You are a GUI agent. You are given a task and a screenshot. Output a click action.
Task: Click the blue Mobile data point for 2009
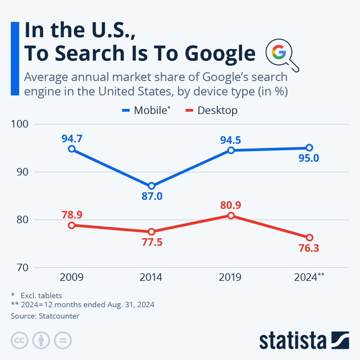(x=72, y=149)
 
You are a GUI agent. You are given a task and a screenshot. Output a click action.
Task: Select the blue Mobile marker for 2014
(x=151, y=186)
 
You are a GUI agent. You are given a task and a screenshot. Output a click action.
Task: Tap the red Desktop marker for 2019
(x=231, y=216)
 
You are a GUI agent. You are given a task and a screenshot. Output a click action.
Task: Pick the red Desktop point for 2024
(x=309, y=237)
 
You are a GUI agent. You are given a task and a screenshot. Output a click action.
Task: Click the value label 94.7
(x=72, y=139)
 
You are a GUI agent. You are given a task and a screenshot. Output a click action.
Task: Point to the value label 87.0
(x=152, y=196)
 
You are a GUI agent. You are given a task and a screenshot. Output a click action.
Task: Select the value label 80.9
(x=231, y=205)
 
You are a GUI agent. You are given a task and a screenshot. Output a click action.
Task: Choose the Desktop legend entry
(x=211, y=110)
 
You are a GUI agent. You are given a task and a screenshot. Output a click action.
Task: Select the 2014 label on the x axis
(x=151, y=278)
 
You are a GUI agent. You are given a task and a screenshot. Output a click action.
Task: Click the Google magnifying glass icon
(x=281, y=55)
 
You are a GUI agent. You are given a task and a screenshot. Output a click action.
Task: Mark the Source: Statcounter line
(x=45, y=316)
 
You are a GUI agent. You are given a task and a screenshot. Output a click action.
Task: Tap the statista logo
(x=304, y=340)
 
